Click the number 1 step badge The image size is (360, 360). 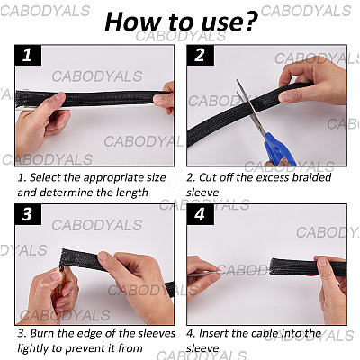(x=28, y=56)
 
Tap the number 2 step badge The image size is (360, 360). (x=200, y=56)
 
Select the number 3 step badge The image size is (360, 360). (x=28, y=214)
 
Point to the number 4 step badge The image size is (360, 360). (x=200, y=214)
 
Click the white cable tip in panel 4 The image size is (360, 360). (x=204, y=274)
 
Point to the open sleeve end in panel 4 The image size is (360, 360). (x=274, y=266)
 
